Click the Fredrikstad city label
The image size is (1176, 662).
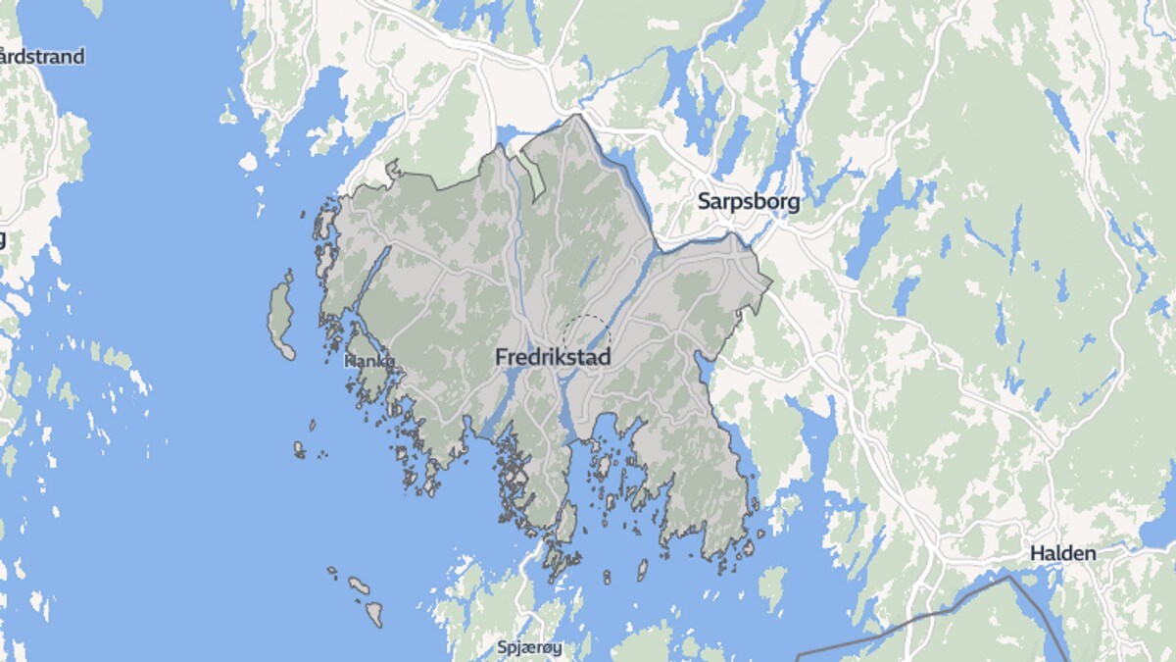click(553, 358)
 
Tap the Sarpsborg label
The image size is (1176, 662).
click(749, 202)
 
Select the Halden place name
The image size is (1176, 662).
click(1062, 553)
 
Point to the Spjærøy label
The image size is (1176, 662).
click(526, 647)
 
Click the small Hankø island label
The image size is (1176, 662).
click(368, 361)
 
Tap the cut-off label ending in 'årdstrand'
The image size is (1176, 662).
click(42, 56)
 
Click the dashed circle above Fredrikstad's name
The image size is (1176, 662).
click(586, 334)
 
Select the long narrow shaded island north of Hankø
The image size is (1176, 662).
click(280, 315)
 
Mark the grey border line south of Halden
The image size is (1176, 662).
click(941, 612)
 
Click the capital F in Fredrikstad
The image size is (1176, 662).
click(501, 358)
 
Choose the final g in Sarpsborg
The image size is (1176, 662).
click(793, 204)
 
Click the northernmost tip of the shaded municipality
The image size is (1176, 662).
click(576, 116)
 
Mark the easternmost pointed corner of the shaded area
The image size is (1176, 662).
click(771, 284)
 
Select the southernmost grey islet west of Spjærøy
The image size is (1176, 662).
click(373, 616)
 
